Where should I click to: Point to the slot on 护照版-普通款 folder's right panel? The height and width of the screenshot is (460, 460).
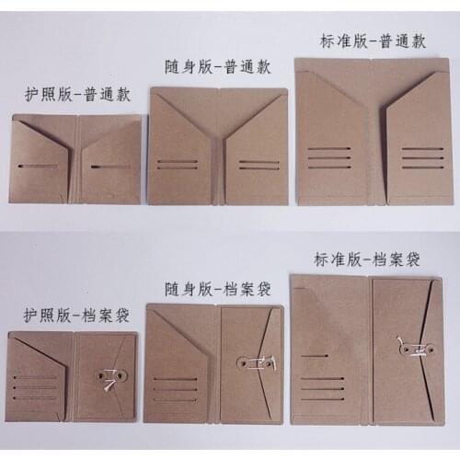pos(109,167)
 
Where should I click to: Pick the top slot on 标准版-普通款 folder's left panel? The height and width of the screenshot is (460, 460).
pos(330,146)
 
